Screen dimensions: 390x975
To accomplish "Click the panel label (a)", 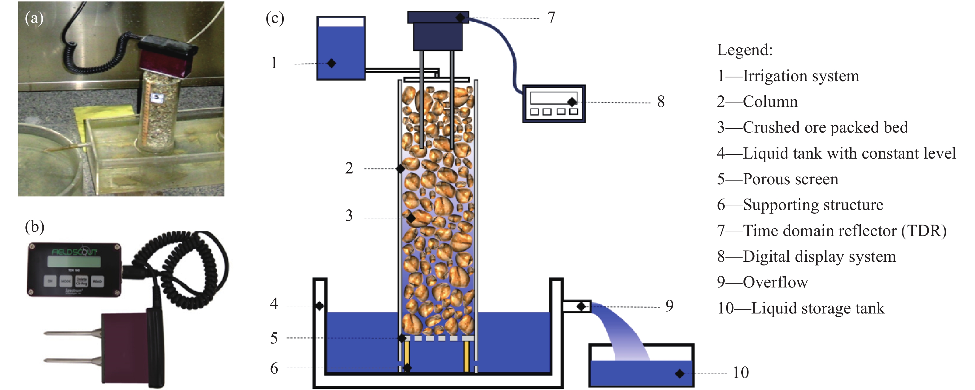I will (34, 18).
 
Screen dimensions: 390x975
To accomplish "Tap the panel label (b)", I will (34, 226).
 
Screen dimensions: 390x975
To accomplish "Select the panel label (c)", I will (275, 18).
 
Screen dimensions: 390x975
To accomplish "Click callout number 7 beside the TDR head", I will (551, 18).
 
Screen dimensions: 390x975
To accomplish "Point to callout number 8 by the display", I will (661, 102).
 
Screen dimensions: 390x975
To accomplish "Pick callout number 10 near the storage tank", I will (740, 373).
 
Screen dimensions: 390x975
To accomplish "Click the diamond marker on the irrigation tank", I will (331, 63).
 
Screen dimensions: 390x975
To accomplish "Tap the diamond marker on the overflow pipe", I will (581, 306).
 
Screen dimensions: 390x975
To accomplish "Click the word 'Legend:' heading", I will (744, 50).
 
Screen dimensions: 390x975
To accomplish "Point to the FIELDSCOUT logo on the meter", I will (74, 252).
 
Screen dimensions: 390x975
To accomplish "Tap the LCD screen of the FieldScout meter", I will (74, 261).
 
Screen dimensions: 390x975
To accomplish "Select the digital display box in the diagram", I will (554, 103).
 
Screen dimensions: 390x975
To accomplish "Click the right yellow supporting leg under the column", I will (467, 356).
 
